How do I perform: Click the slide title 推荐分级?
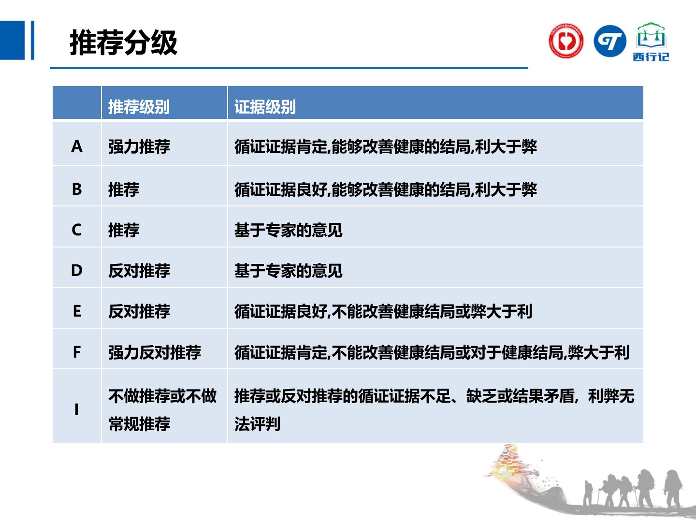123,43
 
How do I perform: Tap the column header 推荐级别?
139,107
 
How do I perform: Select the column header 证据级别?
265,107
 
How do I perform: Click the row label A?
77,146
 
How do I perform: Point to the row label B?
77,189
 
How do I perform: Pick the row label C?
77,230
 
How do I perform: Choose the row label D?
77,270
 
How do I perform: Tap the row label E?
77,311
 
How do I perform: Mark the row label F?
77,352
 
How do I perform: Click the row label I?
76,409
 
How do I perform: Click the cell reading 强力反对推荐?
154,352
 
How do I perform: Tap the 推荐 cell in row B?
124,189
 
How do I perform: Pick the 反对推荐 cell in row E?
139,311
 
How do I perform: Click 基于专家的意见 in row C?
288,230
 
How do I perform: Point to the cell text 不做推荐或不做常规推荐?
162,410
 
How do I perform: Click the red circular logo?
566,41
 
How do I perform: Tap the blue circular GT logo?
610,41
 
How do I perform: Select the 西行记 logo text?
651,57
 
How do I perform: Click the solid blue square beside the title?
13,40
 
